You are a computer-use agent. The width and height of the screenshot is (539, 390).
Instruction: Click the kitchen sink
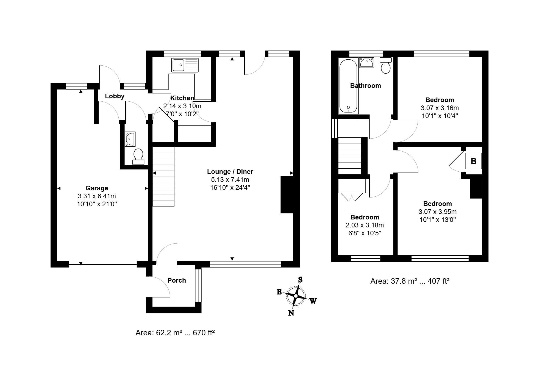pyautogui.click(x=185, y=65)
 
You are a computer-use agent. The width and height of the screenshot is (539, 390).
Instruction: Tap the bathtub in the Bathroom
pyautogui.click(x=348, y=86)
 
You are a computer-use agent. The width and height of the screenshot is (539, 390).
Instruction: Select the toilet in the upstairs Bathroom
pyautogui.click(x=386, y=65)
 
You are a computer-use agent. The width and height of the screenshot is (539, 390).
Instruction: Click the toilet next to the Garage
pyautogui.click(x=138, y=157)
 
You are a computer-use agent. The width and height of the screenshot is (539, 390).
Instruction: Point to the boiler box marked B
pyautogui.click(x=473, y=161)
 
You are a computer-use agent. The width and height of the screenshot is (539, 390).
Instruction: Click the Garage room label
pyautogui.click(x=97, y=188)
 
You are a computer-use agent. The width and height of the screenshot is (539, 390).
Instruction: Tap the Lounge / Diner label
pyautogui.click(x=230, y=172)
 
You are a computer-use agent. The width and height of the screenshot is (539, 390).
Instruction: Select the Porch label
pyautogui.click(x=177, y=280)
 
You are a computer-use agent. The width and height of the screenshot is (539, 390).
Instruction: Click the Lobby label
pyautogui.click(x=115, y=96)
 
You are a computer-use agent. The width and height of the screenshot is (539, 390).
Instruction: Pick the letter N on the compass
pyautogui.click(x=291, y=313)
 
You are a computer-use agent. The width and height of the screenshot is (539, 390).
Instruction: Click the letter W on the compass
pyautogui.click(x=313, y=301)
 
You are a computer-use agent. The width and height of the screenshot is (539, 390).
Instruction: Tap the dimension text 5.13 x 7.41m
pyautogui.click(x=230, y=180)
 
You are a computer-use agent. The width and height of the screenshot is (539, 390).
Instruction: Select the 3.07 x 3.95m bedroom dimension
pyautogui.click(x=438, y=212)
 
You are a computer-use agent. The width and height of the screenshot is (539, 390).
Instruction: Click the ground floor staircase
pyautogui.click(x=163, y=176)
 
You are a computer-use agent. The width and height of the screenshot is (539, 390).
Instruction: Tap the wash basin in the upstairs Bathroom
pyautogui.click(x=366, y=63)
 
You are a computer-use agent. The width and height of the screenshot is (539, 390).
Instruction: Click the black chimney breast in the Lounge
pyautogui.click(x=287, y=195)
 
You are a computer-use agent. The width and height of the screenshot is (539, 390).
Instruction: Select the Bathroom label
pyautogui.click(x=365, y=86)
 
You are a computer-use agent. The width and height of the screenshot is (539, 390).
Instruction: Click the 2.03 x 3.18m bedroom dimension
pyautogui.click(x=365, y=225)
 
